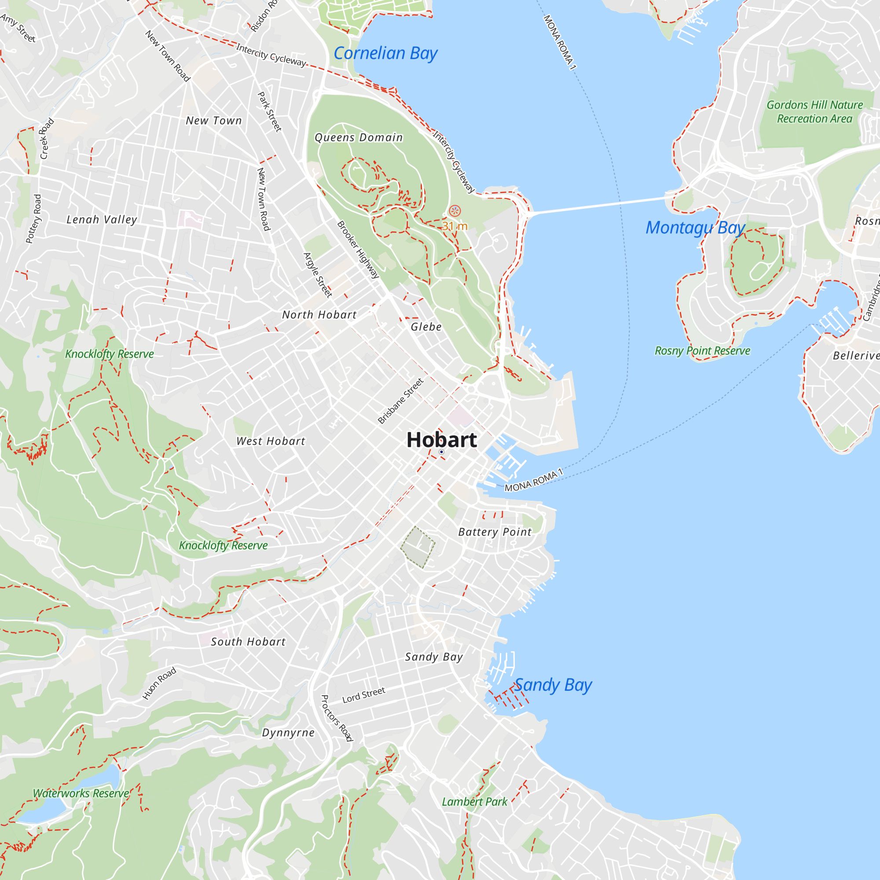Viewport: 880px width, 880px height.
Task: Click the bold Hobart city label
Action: pyautogui.click(x=441, y=440)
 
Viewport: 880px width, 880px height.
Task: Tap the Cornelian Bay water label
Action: pyautogui.click(x=385, y=53)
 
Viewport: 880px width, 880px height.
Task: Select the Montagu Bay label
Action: pyautogui.click(x=695, y=227)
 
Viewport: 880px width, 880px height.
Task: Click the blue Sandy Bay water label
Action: pyautogui.click(x=553, y=685)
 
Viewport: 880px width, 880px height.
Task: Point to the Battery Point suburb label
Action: pyautogui.click(x=495, y=532)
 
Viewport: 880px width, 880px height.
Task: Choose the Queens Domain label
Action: pyautogui.click(x=359, y=138)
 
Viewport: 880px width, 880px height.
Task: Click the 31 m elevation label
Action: pyautogui.click(x=455, y=226)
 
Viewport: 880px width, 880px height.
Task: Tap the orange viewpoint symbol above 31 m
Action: pyautogui.click(x=455, y=211)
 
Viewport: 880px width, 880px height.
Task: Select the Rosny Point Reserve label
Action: pyautogui.click(x=702, y=351)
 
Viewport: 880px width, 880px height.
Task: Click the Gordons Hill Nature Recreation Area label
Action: pyautogui.click(x=814, y=112)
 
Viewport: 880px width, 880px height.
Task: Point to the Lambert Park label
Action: pyautogui.click(x=474, y=802)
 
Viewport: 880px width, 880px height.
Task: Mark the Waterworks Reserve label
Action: pyautogui.click(x=81, y=793)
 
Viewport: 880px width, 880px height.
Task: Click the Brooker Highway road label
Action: pyautogui.click(x=358, y=249)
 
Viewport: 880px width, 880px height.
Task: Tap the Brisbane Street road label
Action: pyautogui.click(x=401, y=401)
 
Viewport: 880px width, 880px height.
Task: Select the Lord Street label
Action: pyautogui.click(x=363, y=695)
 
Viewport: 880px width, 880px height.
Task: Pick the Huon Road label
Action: pyautogui.click(x=159, y=684)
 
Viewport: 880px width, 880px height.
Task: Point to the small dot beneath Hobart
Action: pyautogui.click(x=441, y=452)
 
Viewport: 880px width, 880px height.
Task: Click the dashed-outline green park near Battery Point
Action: pyautogui.click(x=418, y=547)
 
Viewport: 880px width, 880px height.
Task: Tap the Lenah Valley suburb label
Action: pyautogui.click(x=102, y=220)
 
